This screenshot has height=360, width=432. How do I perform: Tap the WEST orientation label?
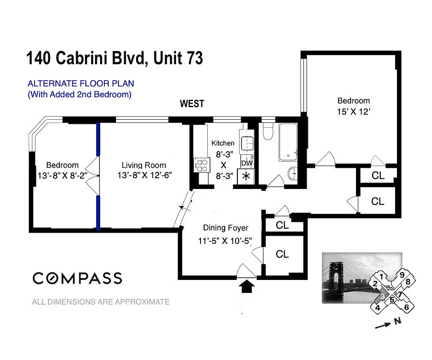192,104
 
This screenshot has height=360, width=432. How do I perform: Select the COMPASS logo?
77,278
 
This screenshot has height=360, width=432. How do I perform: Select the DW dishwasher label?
247,163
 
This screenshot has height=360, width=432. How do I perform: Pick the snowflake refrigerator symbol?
246,175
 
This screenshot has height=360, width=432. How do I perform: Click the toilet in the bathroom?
268,131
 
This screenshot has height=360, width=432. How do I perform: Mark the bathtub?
287,142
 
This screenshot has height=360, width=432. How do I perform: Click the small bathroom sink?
292,173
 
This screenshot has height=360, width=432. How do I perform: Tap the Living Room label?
144,165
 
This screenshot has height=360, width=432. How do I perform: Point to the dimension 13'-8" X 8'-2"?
62,175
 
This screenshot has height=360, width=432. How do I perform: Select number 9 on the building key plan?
402,274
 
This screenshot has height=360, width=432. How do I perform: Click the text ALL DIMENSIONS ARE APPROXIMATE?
101,302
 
